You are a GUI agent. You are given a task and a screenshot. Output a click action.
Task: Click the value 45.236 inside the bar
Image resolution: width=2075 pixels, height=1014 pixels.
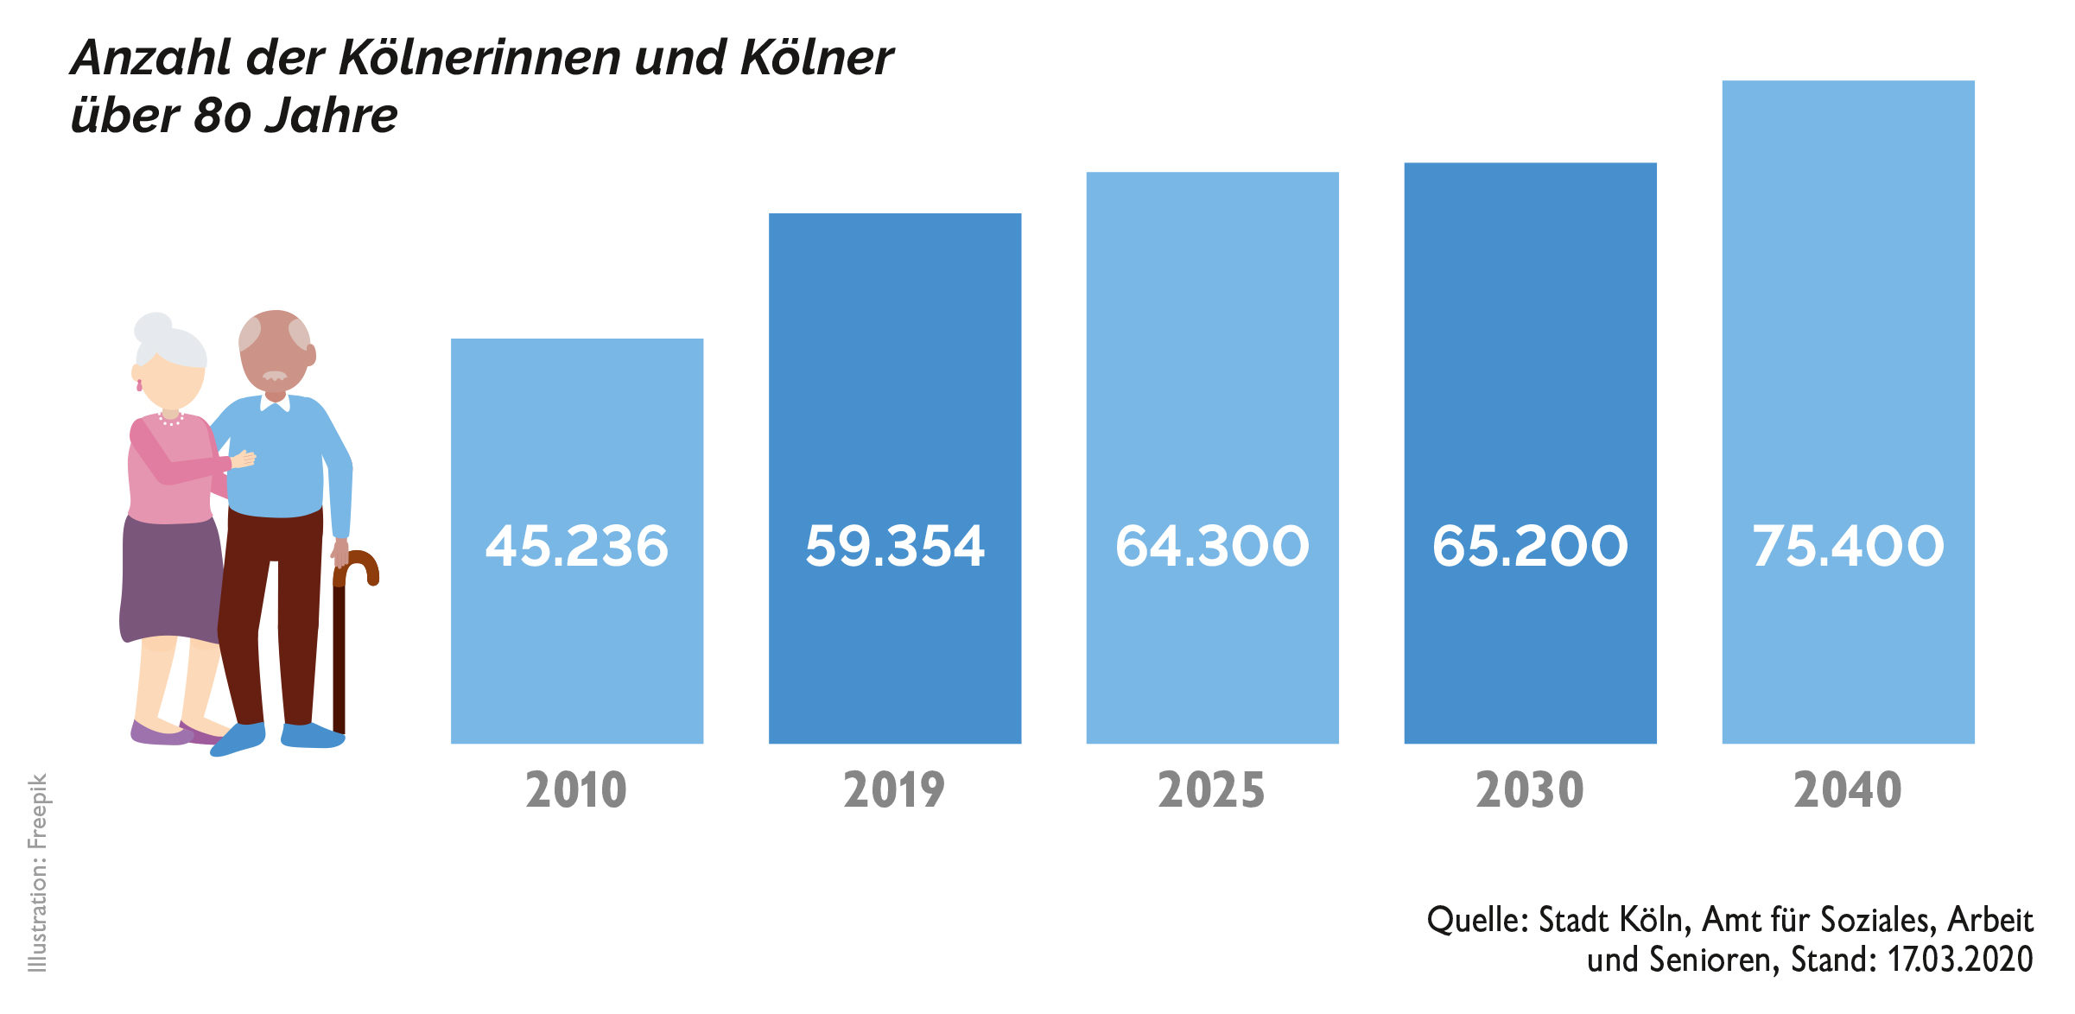click(x=576, y=546)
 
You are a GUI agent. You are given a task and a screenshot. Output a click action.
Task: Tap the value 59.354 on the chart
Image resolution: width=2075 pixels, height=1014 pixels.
click(x=894, y=546)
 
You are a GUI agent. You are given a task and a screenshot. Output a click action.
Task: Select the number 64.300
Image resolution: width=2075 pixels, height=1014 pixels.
click(x=1212, y=546)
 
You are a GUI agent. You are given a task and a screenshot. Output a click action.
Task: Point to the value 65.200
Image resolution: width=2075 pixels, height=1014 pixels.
click(x=1530, y=546)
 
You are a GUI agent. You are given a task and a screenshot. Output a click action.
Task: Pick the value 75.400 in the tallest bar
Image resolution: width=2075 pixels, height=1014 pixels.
click(x=1848, y=546)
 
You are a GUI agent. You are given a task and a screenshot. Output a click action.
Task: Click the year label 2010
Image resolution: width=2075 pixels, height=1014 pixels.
click(x=576, y=790)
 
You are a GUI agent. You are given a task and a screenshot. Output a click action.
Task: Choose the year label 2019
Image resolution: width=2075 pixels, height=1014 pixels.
click(x=894, y=790)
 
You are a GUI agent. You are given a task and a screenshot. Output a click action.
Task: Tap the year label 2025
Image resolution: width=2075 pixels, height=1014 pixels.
click(x=1211, y=790)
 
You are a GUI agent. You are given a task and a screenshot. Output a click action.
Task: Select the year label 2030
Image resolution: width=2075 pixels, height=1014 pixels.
click(x=1530, y=790)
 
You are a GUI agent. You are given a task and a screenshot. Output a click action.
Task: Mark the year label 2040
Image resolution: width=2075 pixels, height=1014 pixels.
click(x=1848, y=790)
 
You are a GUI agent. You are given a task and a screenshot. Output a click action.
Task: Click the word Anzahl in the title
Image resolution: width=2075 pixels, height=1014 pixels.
click(x=151, y=59)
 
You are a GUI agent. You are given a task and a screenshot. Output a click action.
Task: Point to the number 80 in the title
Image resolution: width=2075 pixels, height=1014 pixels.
click(x=222, y=116)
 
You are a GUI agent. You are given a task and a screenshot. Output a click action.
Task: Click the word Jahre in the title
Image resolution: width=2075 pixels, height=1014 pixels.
click(x=331, y=116)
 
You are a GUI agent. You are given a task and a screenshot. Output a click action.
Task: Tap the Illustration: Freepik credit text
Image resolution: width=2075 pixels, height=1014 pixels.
click(x=38, y=872)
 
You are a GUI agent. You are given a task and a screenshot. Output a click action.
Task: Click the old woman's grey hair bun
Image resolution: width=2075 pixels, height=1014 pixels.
click(x=153, y=328)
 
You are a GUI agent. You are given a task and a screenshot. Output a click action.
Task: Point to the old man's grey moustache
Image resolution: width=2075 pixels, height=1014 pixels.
click(x=275, y=376)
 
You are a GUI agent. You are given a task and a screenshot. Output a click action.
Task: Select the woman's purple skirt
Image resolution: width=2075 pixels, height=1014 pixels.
click(x=171, y=579)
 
